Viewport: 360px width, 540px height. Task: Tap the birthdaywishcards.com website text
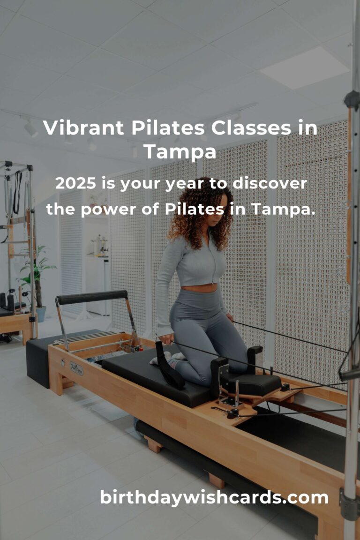click(x=214, y=497)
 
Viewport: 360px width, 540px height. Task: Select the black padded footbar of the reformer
click(x=92, y=298)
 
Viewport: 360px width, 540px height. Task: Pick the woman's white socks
click(x=164, y=359)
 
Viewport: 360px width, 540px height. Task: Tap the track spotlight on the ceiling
click(x=31, y=128)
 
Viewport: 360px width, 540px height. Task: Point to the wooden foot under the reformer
click(x=153, y=443)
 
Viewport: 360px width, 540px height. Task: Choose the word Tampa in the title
click(x=180, y=151)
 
